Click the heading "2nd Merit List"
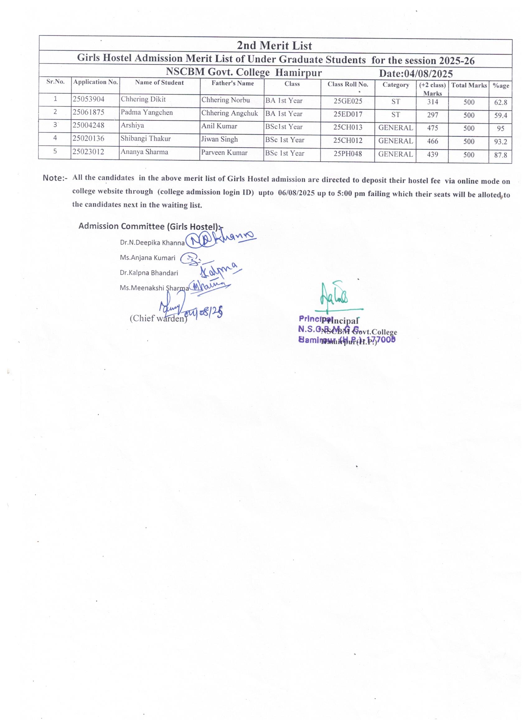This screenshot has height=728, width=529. click(x=274, y=45)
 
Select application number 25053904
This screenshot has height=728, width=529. click(x=89, y=99)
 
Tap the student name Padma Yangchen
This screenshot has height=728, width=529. click(x=147, y=112)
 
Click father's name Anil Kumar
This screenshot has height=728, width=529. click(x=219, y=126)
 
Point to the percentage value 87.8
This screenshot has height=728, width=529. click(x=500, y=155)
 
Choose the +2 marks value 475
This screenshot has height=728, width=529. click(x=433, y=128)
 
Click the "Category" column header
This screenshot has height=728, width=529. click(x=396, y=85)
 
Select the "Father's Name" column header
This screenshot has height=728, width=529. click(x=232, y=83)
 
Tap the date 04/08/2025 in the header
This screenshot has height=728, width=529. click(x=428, y=74)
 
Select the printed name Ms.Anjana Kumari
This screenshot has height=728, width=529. click(x=147, y=258)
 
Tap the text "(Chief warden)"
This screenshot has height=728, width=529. click(x=158, y=319)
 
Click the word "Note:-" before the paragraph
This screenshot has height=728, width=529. click(x=54, y=178)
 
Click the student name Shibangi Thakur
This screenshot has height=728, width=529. click(x=146, y=139)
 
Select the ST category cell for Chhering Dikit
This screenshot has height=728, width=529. click(x=396, y=102)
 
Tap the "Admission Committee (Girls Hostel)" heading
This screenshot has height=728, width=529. click(x=149, y=226)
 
